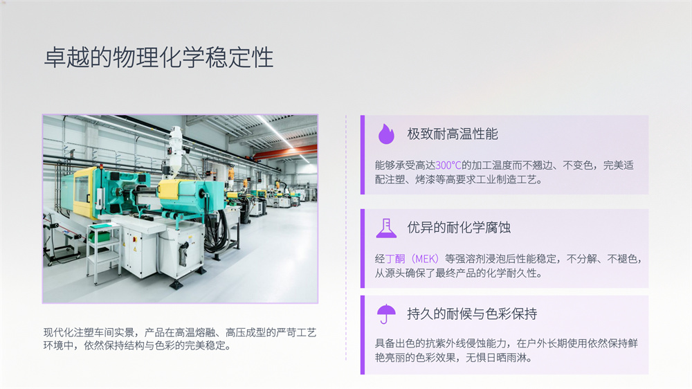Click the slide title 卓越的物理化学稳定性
pos(159,58)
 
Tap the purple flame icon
pos(386,134)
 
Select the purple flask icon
pos(386,228)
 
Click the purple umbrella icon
pos(386,314)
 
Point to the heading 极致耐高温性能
pos(453,134)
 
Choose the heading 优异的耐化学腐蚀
pos(459,228)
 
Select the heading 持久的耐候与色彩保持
pos(472,314)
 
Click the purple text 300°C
pos(448,165)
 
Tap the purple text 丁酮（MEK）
pos(412,259)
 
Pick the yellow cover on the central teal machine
pos(170,189)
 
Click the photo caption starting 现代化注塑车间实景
pos(180,338)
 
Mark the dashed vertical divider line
pos(345,238)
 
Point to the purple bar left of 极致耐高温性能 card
pos(363,154)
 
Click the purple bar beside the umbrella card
pos(363,335)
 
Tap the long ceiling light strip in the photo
pos(282,138)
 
